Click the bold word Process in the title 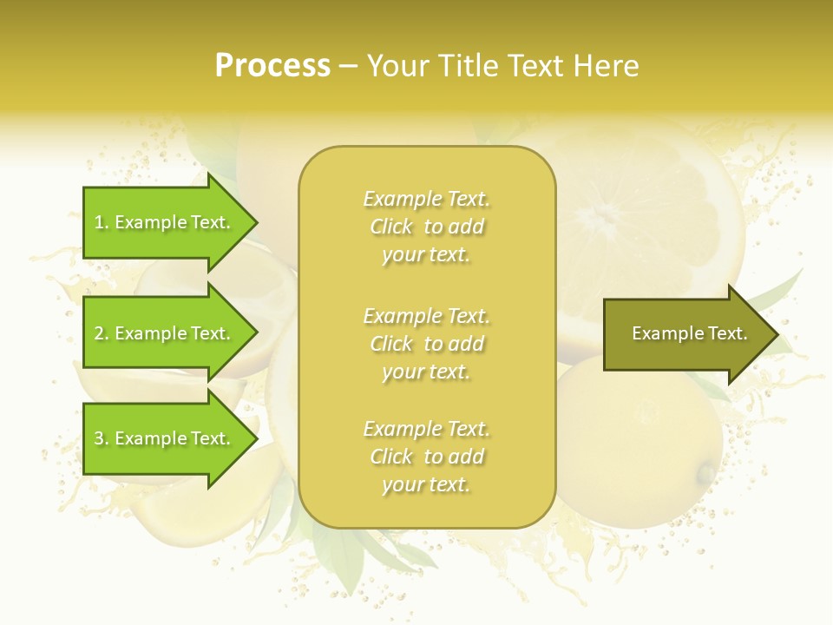272,66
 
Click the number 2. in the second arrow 101,333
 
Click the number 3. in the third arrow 101,438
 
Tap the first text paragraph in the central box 426,227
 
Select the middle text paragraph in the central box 426,344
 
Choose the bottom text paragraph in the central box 426,457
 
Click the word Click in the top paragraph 391,227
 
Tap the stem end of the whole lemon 707,474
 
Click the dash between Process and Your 348,67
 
